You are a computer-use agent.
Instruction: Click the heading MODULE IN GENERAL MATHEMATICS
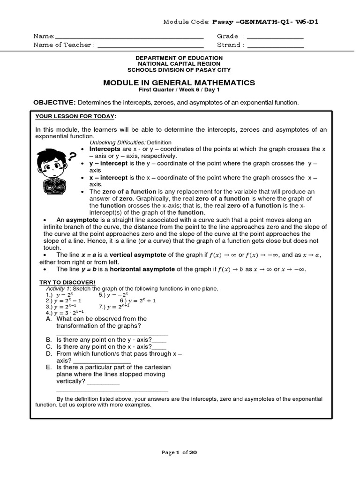click(179, 82)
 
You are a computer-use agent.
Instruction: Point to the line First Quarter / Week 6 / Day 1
click(179, 90)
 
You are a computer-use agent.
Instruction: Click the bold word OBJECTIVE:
click(54, 102)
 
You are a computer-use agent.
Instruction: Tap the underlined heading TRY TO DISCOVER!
click(67, 282)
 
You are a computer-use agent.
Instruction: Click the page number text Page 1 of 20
click(179, 452)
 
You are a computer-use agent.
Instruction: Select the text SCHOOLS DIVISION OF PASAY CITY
click(179, 70)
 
